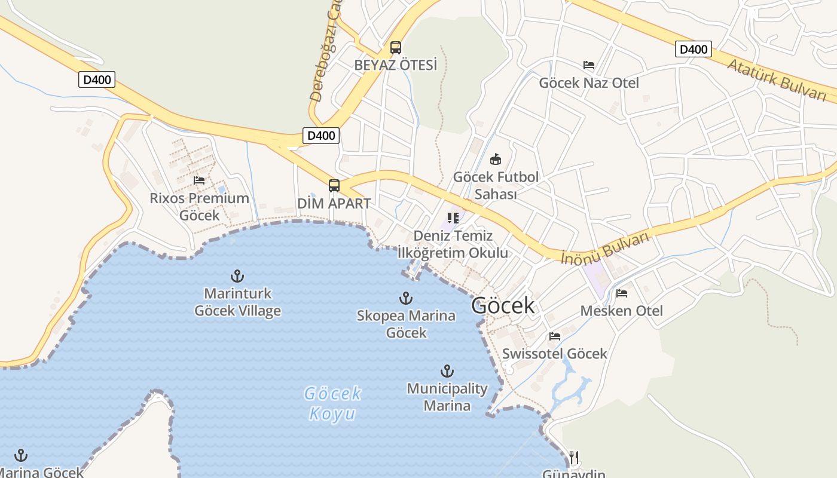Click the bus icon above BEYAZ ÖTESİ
[x=395, y=48]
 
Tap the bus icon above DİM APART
[x=334, y=186]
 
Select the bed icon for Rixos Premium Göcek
[x=199, y=180]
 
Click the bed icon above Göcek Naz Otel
[x=589, y=65]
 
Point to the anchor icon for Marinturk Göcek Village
[x=237, y=276]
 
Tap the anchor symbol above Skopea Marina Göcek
[x=406, y=298]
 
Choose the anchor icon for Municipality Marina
[x=447, y=371]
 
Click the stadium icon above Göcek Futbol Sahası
[x=496, y=160]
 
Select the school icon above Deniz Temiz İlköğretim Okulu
[x=453, y=218]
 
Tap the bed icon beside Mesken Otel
[x=622, y=293]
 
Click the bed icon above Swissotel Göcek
[x=555, y=336]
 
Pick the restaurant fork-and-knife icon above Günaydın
[x=574, y=458]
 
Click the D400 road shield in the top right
[x=694, y=50]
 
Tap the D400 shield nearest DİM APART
[x=321, y=136]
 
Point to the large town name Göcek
[x=503, y=306]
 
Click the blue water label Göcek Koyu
[x=332, y=403]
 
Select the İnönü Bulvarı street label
[x=605, y=248]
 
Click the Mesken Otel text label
[x=622, y=311]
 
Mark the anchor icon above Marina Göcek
[x=21, y=455]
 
